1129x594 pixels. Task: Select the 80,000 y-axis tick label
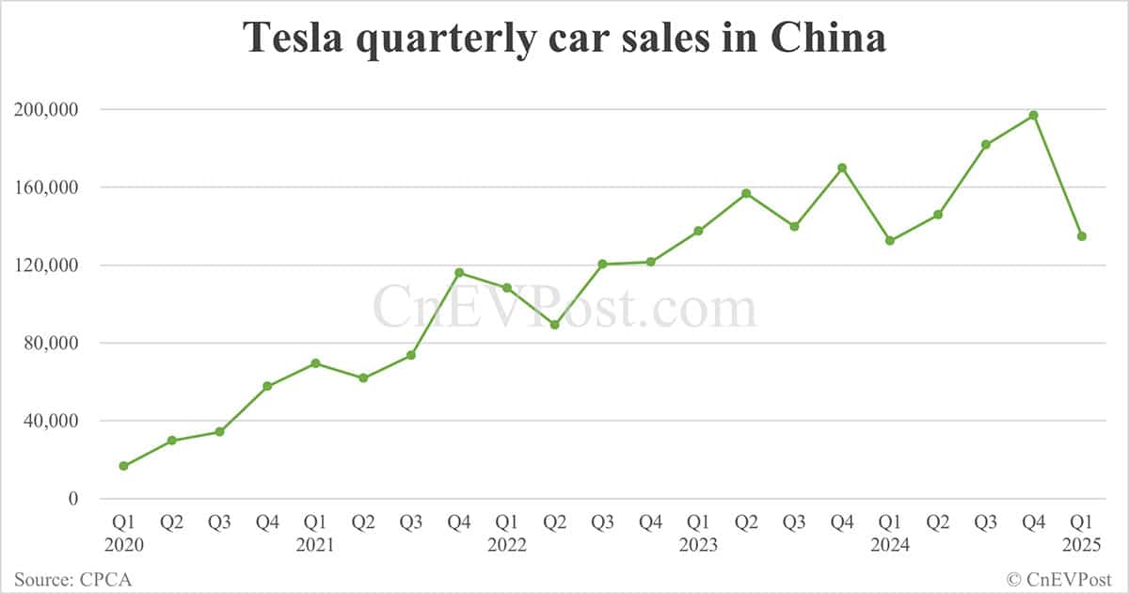51,343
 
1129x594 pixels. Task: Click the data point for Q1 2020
124,466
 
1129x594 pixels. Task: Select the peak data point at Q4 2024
1034,115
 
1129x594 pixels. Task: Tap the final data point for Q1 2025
1082,236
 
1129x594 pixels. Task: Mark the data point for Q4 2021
459,273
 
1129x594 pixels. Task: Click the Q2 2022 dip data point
555,325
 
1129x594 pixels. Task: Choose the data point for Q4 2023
842,169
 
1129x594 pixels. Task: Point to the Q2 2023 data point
746,193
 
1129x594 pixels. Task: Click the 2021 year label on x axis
315,544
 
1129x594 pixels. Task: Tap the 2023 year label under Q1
698,544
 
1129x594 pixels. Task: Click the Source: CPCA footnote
73,579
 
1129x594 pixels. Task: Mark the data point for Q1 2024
890,241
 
